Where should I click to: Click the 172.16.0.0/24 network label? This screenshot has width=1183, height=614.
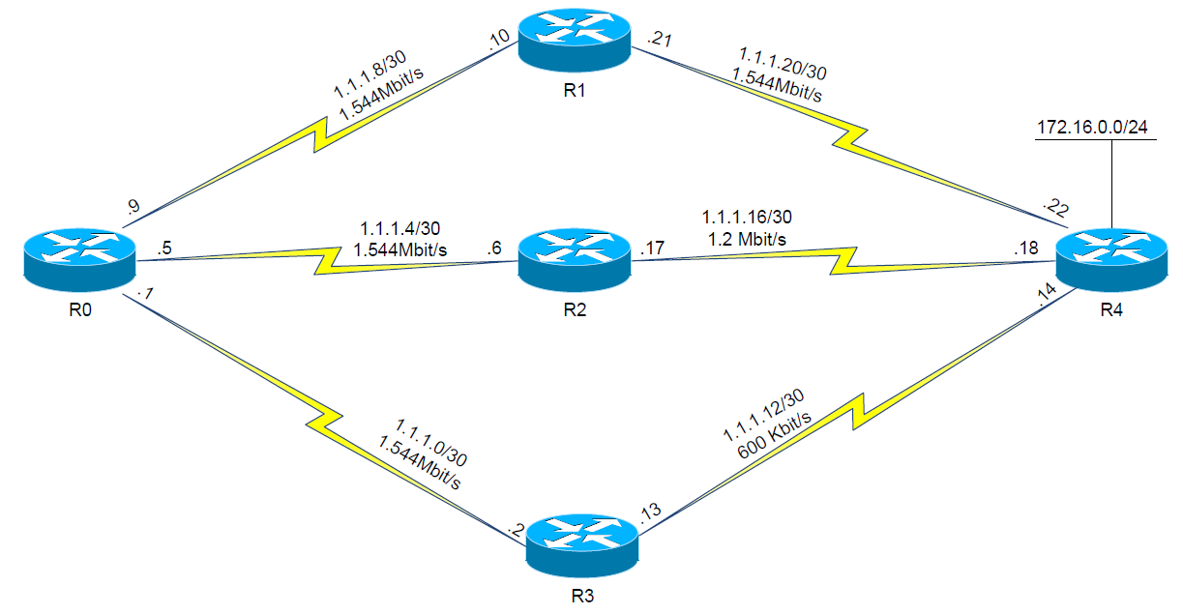click(1097, 128)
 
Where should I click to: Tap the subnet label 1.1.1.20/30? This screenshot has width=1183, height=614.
click(782, 61)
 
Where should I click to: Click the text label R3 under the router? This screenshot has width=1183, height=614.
click(582, 596)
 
